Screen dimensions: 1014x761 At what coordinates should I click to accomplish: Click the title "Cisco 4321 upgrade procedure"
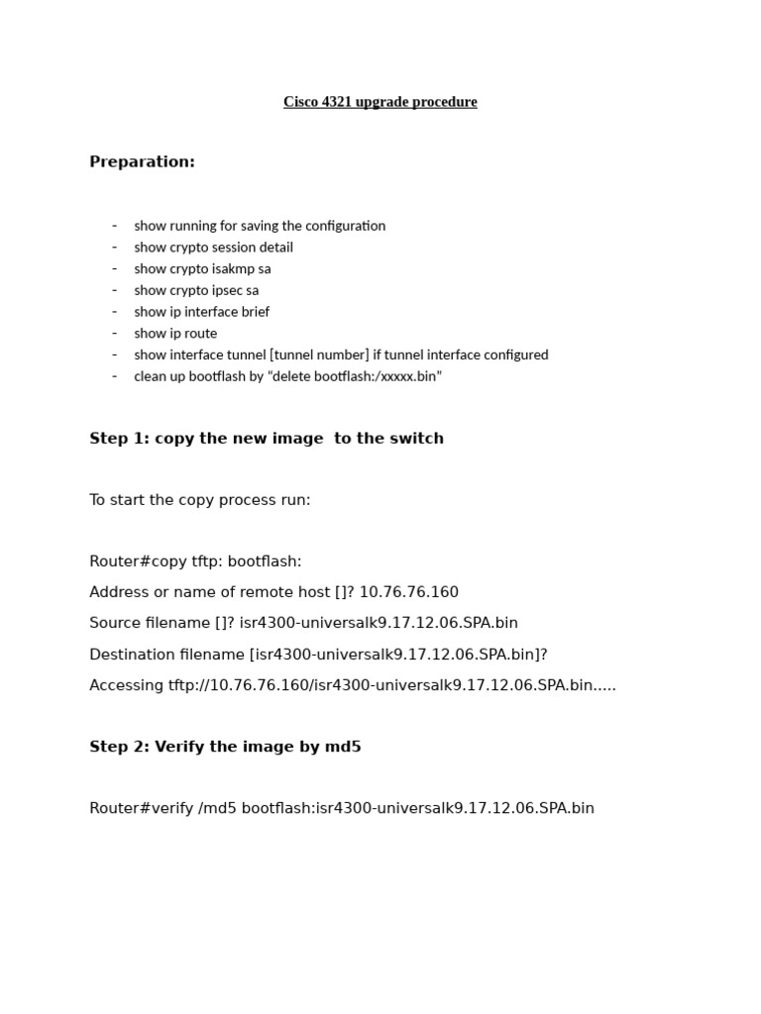(380, 102)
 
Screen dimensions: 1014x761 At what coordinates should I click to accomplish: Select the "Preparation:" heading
(142, 161)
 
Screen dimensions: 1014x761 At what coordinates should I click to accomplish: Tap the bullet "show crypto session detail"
(213, 248)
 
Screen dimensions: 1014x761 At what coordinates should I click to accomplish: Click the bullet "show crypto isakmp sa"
(202, 268)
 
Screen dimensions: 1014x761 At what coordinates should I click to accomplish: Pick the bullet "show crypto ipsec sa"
(196, 290)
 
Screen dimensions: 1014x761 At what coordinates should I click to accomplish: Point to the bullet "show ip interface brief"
(201, 312)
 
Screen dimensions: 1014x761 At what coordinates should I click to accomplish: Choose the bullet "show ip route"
(175, 334)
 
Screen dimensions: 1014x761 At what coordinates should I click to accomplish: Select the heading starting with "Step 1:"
(267, 438)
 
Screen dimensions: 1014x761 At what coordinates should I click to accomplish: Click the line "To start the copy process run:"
(199, 500)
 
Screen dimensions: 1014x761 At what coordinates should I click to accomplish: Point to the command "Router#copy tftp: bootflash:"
(195, 561)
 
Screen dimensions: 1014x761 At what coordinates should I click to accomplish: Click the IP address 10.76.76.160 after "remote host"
(408, 592)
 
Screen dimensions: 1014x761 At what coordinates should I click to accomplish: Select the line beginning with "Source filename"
(303, 623)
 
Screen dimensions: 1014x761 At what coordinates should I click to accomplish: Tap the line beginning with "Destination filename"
(318, 655)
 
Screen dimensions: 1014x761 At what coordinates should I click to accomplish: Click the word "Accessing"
(126, 685)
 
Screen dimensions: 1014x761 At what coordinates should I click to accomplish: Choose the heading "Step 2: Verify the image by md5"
(225, 747)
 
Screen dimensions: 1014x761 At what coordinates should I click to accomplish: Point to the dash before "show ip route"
(114, 333)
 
